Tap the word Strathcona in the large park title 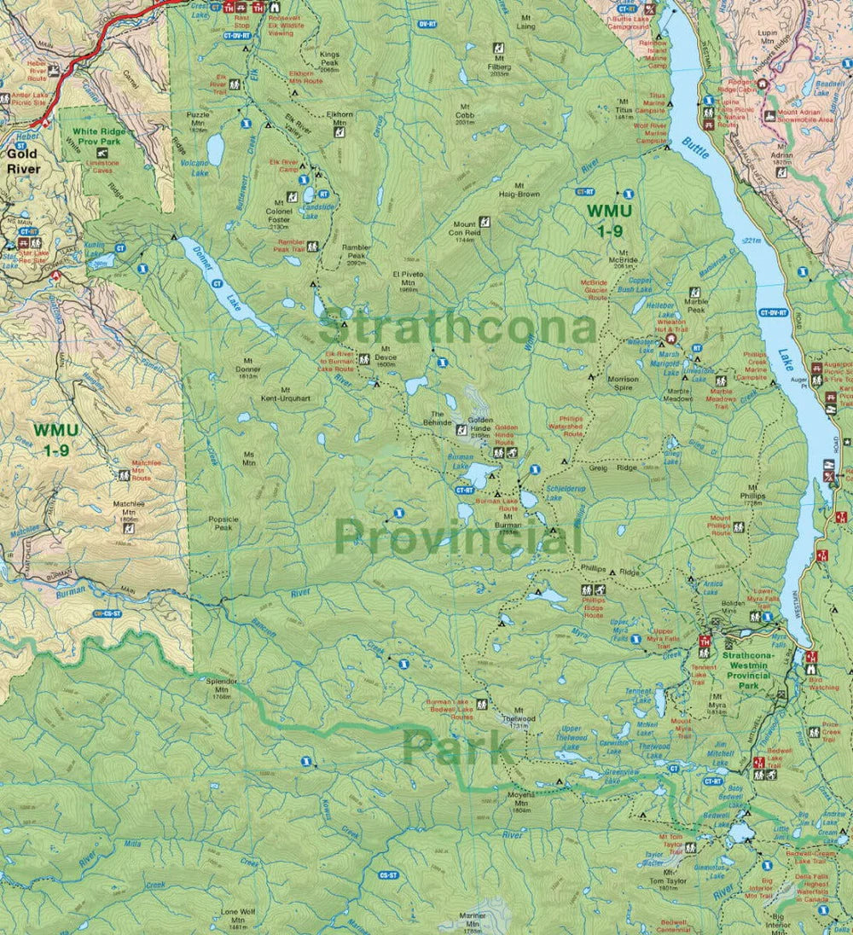point(456,328)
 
